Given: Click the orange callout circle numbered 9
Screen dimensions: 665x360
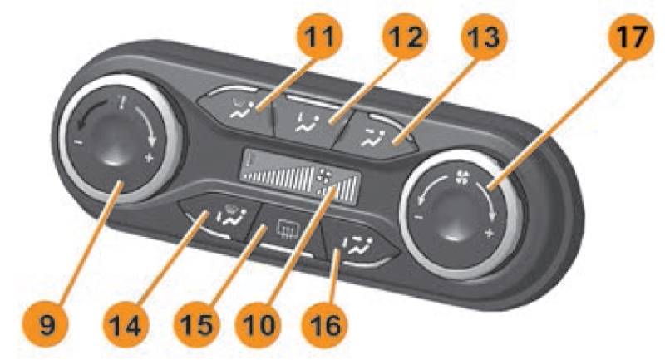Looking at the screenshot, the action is click(x=47, y=326).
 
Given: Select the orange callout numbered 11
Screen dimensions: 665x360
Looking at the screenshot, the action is click(x=320, y=37).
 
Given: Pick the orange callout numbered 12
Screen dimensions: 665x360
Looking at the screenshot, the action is click(x=405, y=37).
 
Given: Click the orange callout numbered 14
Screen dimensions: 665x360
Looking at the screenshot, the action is click(x=126, y=326).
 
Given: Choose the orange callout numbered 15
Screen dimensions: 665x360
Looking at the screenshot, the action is click(x=196, y=326).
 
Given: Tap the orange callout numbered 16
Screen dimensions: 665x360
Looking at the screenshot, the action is click(x=324, y=326).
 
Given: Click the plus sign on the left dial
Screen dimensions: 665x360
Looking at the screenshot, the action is click(x=149, y=159).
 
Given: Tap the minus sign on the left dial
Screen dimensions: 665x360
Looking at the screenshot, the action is click(x=78, y=142).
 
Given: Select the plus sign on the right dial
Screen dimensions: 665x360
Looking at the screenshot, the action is click(x=490, y=233).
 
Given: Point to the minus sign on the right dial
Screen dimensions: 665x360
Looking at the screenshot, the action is click(x=418, y=218).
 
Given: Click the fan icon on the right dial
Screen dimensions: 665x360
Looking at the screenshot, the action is click(x=462, y=178).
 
